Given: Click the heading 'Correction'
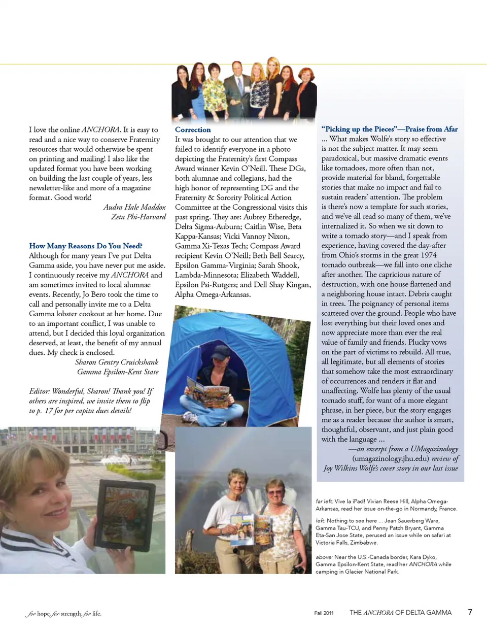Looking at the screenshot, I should pos(193,130).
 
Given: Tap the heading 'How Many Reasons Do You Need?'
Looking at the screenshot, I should pos(85,246).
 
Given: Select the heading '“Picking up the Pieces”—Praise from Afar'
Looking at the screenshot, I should pos(389,129).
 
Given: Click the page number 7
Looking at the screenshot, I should pos(470,612).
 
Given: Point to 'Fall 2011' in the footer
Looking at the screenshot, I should pos(324,613).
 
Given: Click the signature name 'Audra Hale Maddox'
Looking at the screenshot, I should pos(134,207).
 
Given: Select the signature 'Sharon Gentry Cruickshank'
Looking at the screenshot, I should pos(117,362).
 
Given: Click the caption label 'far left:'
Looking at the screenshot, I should pos(324,502).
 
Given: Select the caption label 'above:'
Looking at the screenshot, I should pos(324,557).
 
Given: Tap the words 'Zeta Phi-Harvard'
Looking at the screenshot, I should pos(138,217).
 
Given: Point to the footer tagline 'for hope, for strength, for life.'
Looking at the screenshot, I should pos(64,614).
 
